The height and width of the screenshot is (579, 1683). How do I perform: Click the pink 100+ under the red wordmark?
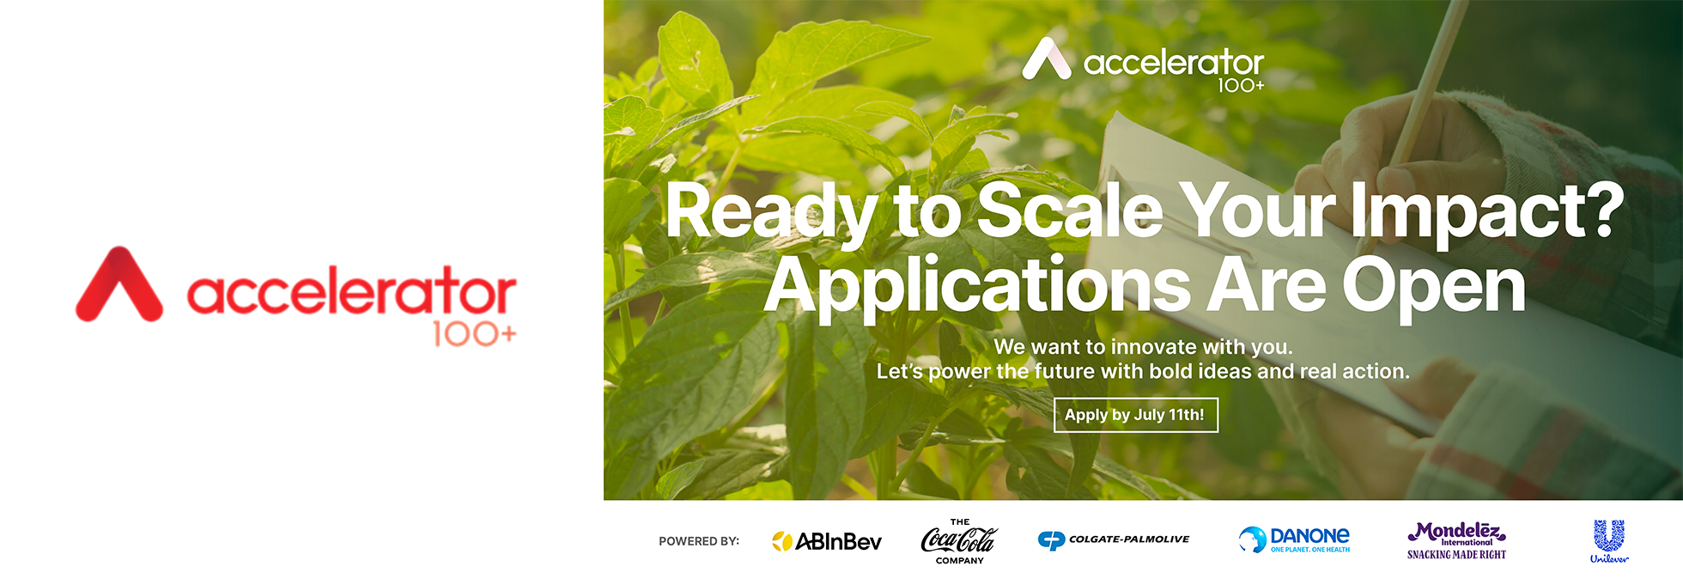coord(474,334)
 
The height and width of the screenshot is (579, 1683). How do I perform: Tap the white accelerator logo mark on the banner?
coord(1047,58)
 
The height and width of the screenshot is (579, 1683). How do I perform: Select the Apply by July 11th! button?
coord(1135,415)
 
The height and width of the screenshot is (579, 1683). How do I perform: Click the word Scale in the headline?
coord(1070,210)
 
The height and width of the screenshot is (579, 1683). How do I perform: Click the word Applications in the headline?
coord(977,287)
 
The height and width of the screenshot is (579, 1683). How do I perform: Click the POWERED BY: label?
coord(699,541)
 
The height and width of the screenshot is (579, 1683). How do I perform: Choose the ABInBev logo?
coord(827,541)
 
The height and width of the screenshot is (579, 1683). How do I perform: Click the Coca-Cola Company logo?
coord(959,541)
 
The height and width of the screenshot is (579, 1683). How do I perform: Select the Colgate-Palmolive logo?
coord(1114,539)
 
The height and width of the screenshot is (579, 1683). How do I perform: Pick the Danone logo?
coord(1294,539)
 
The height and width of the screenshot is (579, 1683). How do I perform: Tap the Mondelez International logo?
coord(1456,540)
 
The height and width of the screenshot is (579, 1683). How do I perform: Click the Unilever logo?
coord(1609,541)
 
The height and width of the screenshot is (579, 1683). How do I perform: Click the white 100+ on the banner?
coord(1241,85)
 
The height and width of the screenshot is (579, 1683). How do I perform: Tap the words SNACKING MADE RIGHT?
coord(1456,555)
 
